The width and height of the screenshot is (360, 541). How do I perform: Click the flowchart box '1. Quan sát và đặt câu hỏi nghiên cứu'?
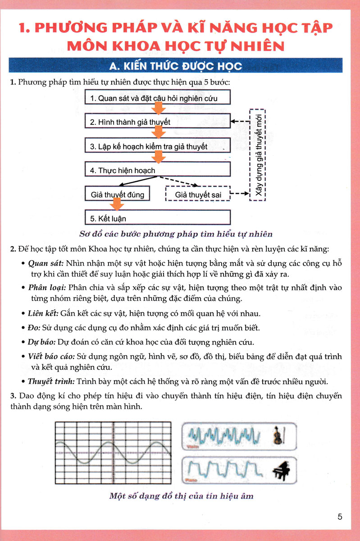coord(158,98)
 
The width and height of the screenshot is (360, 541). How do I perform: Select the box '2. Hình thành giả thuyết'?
coord(158,122)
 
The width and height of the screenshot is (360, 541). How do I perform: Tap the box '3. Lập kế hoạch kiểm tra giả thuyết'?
coord(158,147)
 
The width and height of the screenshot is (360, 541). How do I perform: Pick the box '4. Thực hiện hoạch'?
coord(158,170)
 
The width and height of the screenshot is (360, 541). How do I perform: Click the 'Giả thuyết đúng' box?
coord(117,194)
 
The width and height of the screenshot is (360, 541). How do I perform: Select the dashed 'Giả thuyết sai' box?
coord(197,195)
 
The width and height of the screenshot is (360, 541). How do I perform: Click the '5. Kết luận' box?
coord(158,219)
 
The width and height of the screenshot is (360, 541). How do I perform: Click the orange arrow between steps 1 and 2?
coord(159,109)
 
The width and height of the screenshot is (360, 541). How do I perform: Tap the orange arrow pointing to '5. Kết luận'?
coord(117,205)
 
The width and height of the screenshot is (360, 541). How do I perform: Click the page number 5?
coord(340,517)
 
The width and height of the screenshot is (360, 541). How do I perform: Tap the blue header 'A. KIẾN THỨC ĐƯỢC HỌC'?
coord(176,66)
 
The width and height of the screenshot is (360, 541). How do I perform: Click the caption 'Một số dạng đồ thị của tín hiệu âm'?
coord(181,496)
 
